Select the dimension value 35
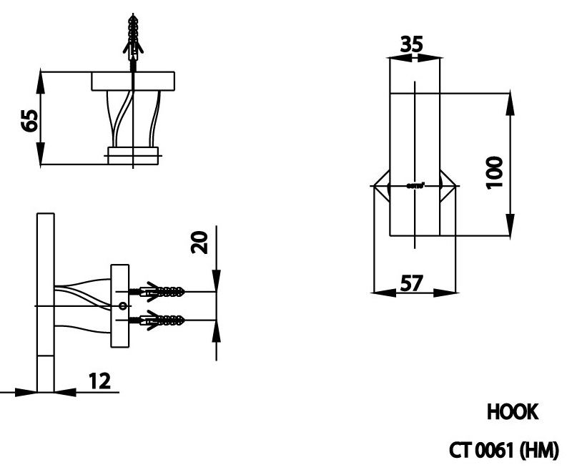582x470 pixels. click(x=411, y=44)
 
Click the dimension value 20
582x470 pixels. click(x=201, y=242)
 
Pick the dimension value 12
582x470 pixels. click(x=100, y=381)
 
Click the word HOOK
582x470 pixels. click(x=512, y=412)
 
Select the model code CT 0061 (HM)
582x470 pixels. click(x=503, y=451)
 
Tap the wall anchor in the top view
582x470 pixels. click(x=132, y=39)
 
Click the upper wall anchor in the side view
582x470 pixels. click(x=160, y=291)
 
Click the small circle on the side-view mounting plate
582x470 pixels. click(x=122, y=305)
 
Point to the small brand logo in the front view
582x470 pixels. click(x=415, y=186)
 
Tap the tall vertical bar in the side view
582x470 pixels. click(x=45, y=300)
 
